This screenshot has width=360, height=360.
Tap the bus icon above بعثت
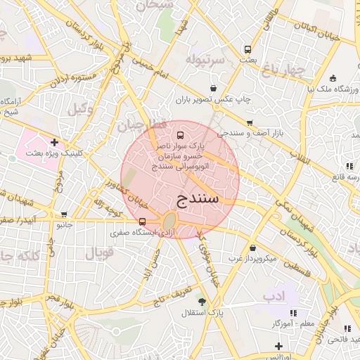247,49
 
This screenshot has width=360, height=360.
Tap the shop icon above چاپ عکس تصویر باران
213,89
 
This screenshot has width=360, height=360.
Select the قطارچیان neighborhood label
140,125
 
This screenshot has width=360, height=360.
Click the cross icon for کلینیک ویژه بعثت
54,142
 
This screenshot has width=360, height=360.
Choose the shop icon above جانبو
65,214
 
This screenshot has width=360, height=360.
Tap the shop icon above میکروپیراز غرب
252,247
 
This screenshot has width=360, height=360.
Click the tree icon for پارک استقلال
202,301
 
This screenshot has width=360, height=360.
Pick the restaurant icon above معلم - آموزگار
293,312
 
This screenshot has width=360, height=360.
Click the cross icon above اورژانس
279,346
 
